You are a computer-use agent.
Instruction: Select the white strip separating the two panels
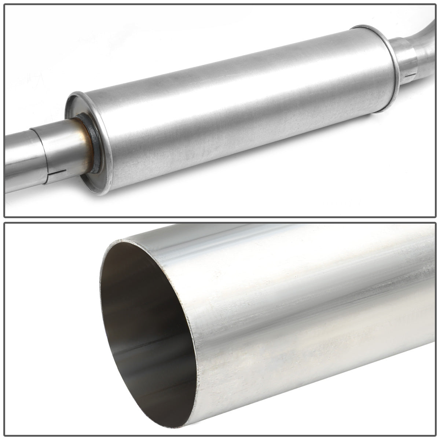tap(220, 220)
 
